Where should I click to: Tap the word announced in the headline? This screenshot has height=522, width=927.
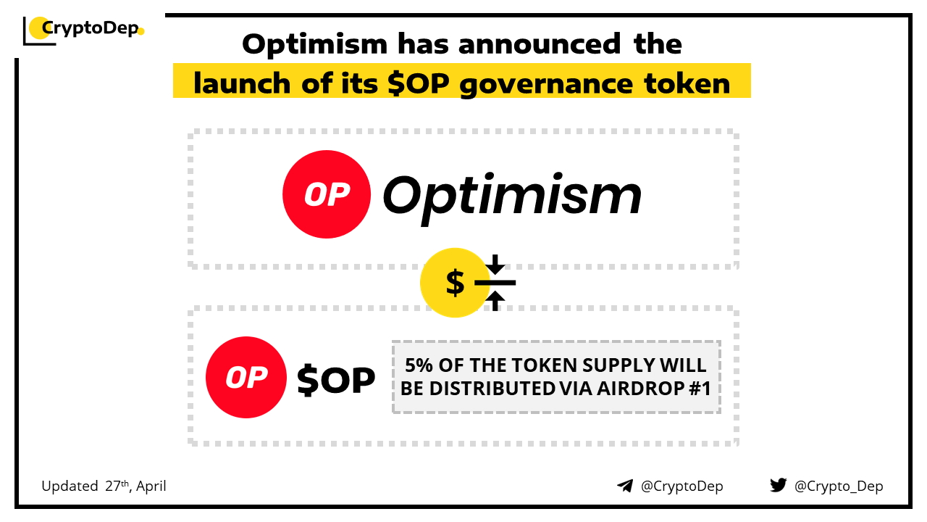tap(540, 43)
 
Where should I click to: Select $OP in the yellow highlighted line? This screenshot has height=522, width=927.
tap(419, 83)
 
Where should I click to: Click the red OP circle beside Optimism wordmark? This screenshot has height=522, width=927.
tap(327, 194)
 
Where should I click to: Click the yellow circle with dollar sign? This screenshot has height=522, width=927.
tap(456, 283)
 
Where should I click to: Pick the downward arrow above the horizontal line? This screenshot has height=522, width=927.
tap(495, 264)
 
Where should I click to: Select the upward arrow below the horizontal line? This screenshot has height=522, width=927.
tap(495, 301)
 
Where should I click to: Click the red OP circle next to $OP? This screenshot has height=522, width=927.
tap(246, 378)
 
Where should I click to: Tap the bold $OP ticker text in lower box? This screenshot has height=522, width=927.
tap(336, 379)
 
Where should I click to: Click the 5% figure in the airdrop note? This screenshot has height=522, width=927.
tap(419, 365)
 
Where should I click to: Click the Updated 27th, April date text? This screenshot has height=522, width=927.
tap(104, 486)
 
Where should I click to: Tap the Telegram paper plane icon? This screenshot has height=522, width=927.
tap(625, 486)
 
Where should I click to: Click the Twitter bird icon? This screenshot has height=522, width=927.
tap(779, 485)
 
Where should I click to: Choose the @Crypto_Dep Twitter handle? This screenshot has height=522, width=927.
tap(839, 486)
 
